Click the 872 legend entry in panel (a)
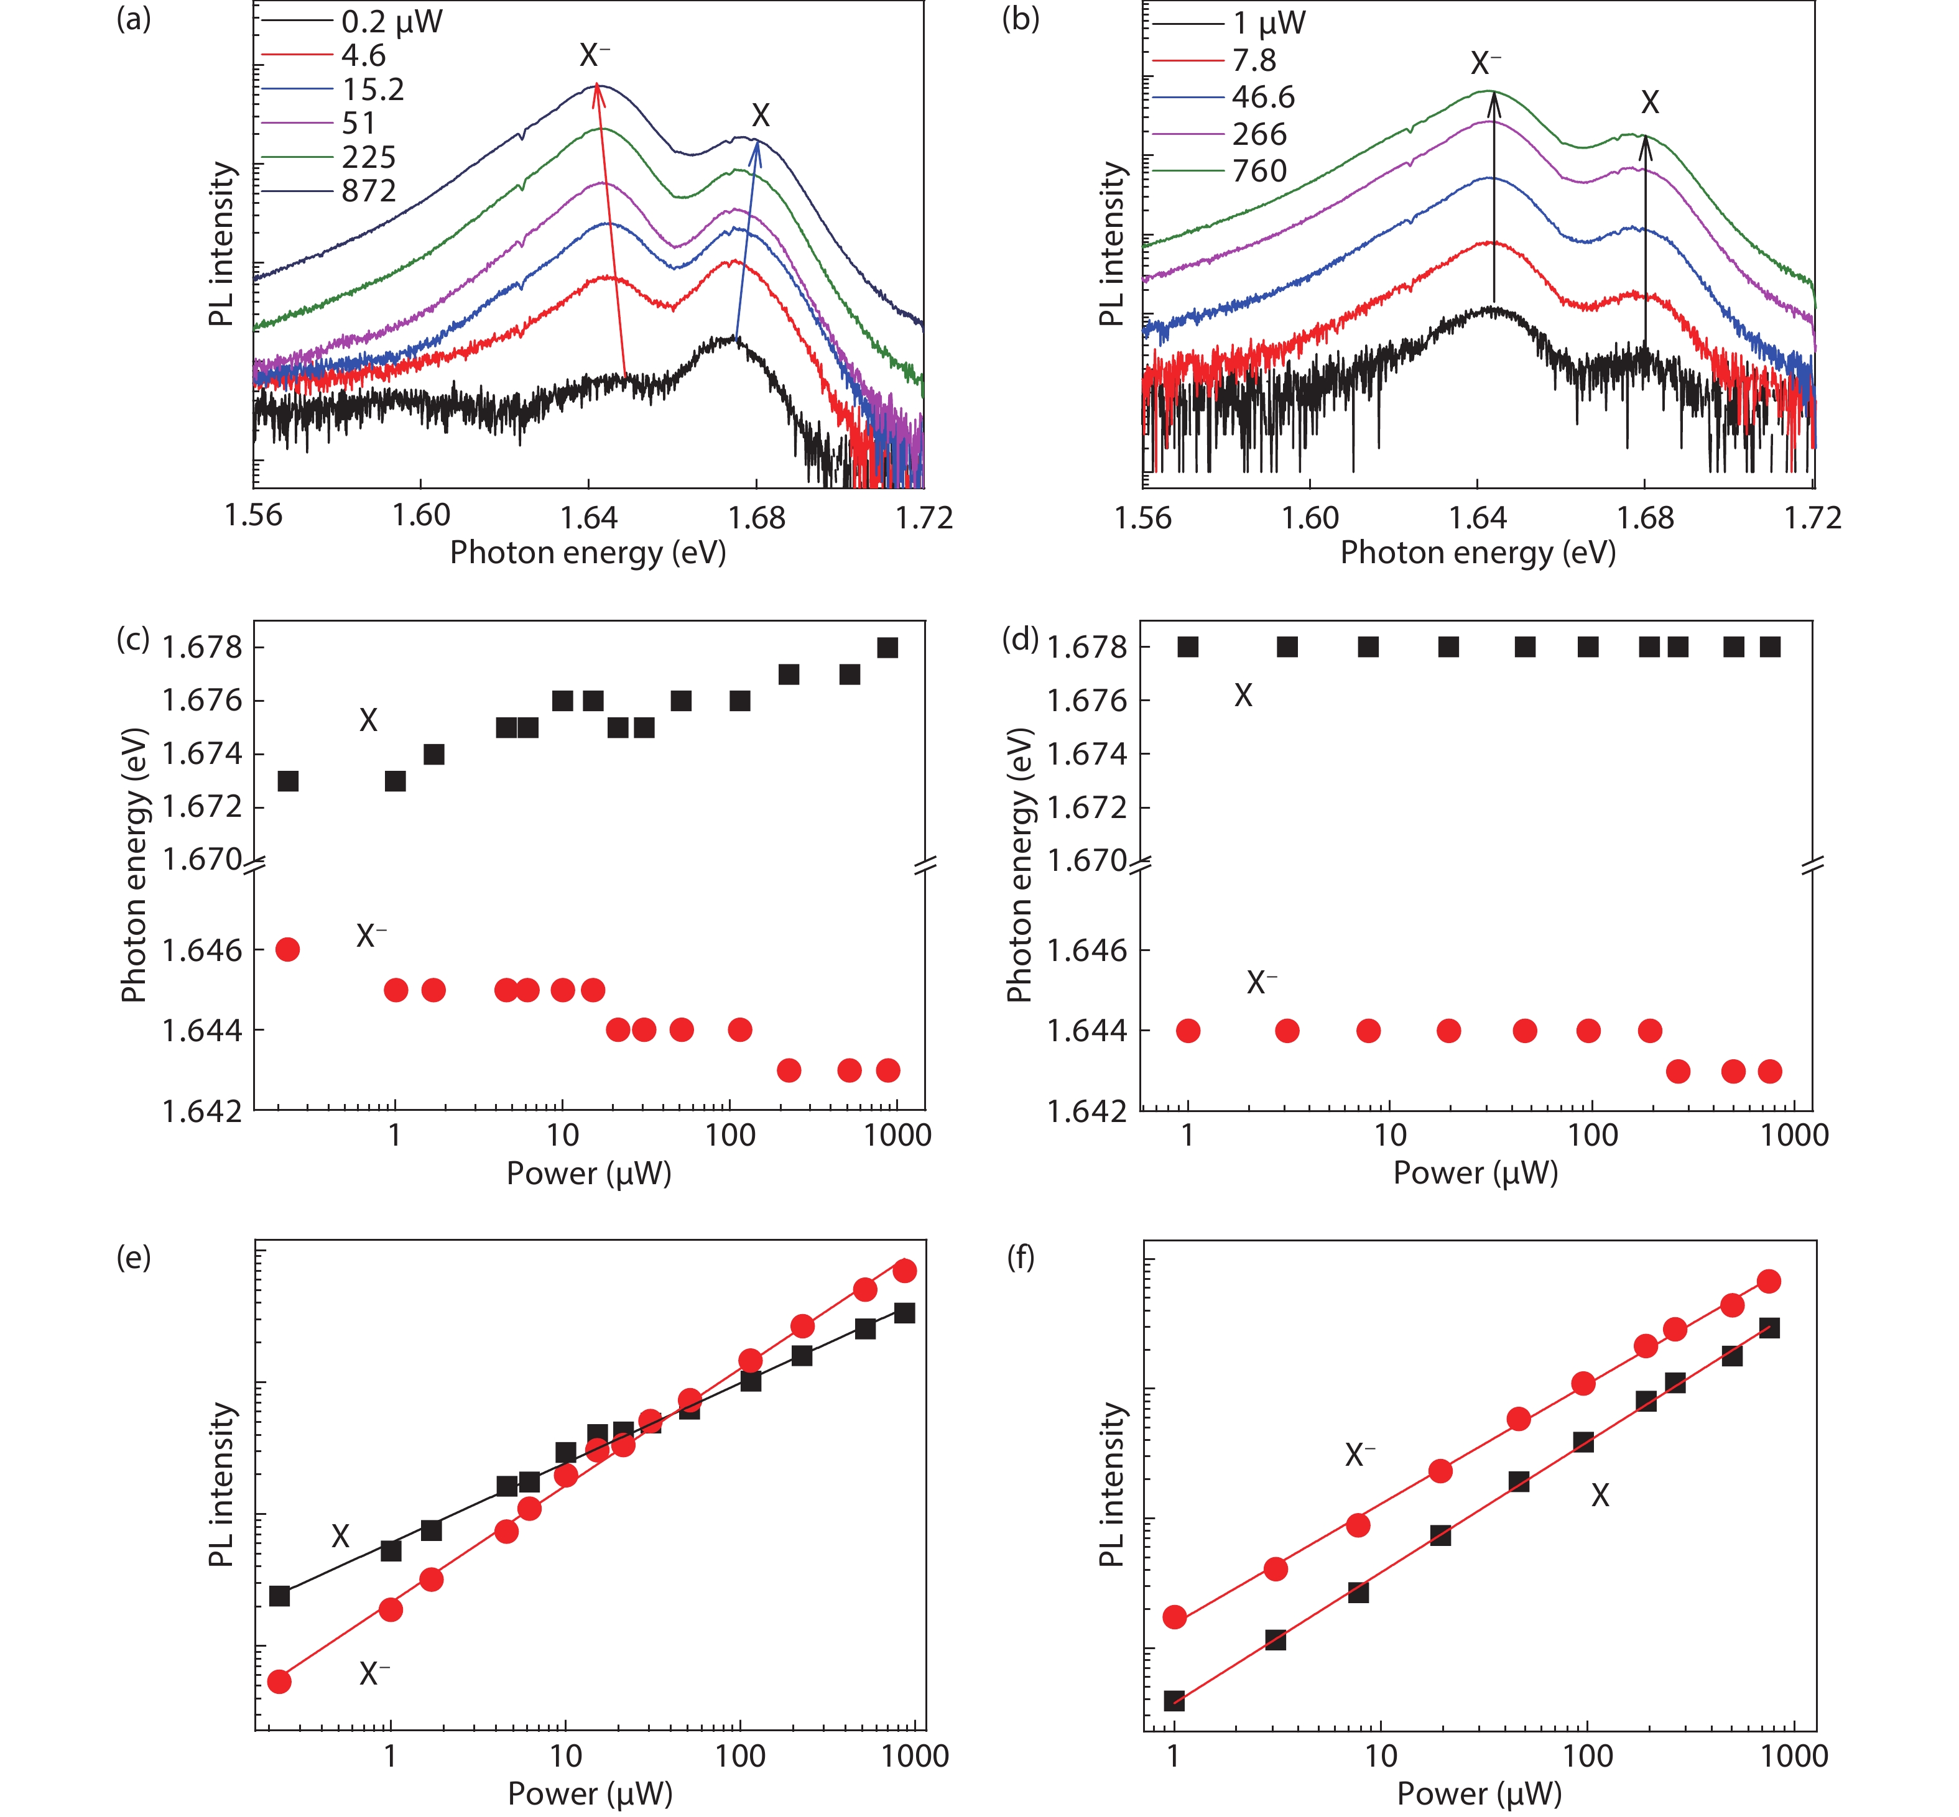pyautogui.click(x=369, y=191)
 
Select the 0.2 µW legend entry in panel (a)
pyautogui.click(x=391, y=22)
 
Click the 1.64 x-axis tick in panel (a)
pyautogui.click(x=588, y=516)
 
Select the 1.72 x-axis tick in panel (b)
pyautogui.click(x=1812, y=517)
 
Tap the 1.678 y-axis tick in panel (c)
pyautogui.click(x=201, y=647)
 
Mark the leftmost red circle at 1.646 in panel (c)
pyautogui.click(x=287, y=950)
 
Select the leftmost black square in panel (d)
pyautogui.click(x=1188, y=647)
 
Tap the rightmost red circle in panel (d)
pyautogui.click(x=1769, y=1070)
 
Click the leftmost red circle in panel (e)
pyautogui.click(x=279, y=1681)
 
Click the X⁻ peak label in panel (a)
pyautogui.click(x=594, y=55)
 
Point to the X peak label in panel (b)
pyautogui.click(x=1649, y=102)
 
